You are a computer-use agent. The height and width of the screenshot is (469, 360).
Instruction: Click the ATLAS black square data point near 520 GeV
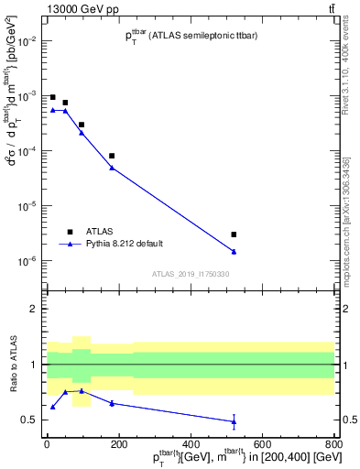[234, 234]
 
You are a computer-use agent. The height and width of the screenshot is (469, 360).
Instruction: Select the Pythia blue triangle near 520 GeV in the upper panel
[234, 251]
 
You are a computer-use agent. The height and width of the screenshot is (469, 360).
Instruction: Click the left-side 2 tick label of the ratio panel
[34, 309]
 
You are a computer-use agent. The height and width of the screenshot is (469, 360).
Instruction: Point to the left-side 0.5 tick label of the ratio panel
[30, 420]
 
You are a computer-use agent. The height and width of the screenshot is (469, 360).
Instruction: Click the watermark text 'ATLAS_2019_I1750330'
[190, 274]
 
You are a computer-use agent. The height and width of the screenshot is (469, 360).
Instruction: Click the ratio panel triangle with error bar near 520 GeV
[234, 421]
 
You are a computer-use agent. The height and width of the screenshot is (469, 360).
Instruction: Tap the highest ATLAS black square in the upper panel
[53, 97]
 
